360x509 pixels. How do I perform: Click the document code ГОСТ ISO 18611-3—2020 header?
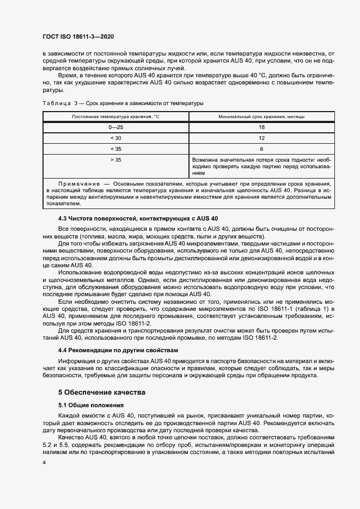(78, 36)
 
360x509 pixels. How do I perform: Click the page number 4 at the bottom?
(44, 462)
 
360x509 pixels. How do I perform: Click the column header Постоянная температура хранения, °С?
(115, 117)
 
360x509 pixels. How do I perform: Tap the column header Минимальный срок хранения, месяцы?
(261, 117)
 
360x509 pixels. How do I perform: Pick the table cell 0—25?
(115, 127)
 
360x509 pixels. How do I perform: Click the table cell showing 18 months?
(261, 127)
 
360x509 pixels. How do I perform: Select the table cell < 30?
(115, 138)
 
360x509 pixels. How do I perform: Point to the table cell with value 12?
(261, 138)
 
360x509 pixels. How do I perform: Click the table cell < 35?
(115, 149)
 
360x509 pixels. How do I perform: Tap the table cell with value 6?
(261, 149)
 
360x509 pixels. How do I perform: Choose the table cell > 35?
(115, 160)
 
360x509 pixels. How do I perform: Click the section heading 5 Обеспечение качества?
(101, 392)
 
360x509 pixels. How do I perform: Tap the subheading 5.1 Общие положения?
(91, 405)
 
